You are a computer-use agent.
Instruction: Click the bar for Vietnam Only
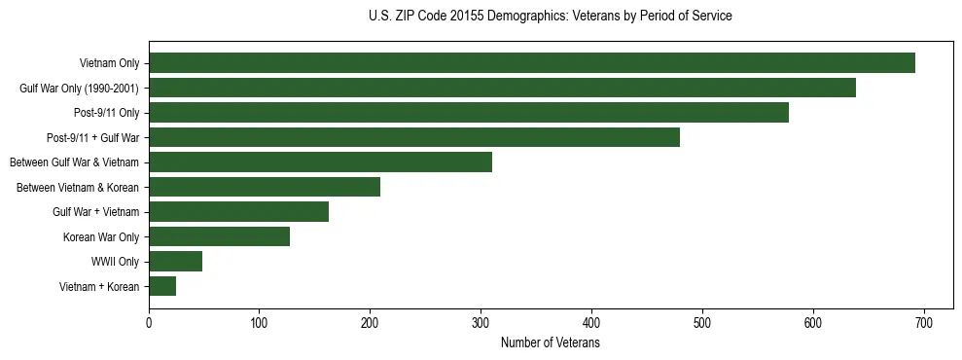click(532, 63)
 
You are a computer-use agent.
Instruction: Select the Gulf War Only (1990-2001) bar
click(502, 88)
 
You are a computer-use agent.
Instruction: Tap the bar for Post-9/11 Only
click(469, 113)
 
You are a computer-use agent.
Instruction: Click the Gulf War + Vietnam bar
click(238, 212)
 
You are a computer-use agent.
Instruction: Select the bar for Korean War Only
click(219, 236)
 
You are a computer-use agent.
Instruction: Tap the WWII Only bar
click(175, 262)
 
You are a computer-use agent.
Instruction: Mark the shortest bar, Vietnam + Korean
click(162, 286)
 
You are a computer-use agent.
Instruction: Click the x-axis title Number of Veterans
click(550, 343)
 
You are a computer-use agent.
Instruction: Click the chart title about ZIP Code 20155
click(550, 17)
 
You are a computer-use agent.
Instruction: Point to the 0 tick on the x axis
click(149, 324)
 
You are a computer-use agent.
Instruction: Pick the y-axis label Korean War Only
click(101, 236)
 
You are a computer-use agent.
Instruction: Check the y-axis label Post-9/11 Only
click(106, 113)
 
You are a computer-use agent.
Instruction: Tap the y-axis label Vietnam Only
click(109, 63)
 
